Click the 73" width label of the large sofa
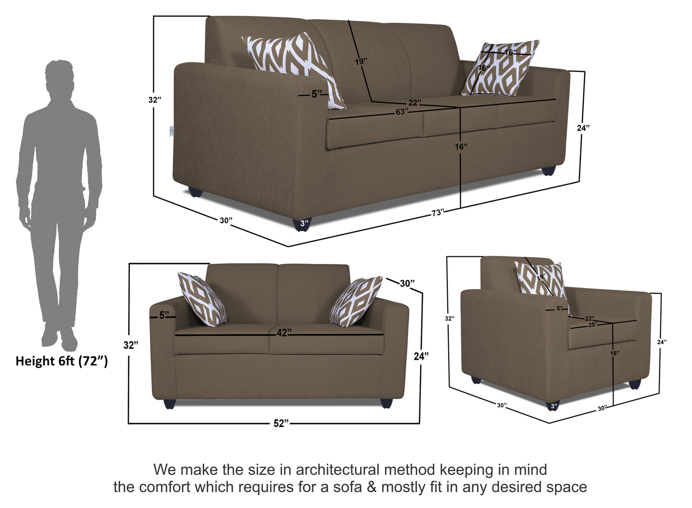pos(437,213)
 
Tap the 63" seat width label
pos(402,112)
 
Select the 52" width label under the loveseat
pos(281,423)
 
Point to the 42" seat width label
pos(284,333)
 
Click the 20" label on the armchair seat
pos(593,324)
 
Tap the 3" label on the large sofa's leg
pos(304,223)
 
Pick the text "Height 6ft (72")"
pos(61,361)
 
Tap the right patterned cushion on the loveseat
pos(356,301)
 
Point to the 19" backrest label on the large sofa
pos(361,61)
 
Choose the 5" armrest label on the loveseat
pos(164,315)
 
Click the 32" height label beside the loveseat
pos(131,345)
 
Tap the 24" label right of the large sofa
pos(583,127)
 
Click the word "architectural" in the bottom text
pos(337,470)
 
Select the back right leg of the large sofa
pos(549,171)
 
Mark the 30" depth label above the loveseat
pos(407,283)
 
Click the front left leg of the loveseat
pos(170,404)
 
